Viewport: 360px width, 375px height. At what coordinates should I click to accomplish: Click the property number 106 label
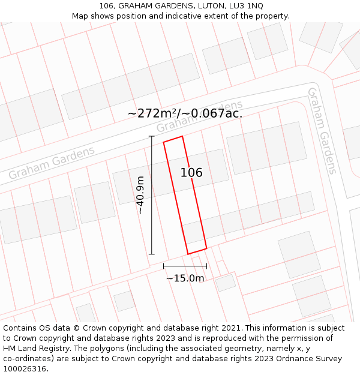pos(191,173)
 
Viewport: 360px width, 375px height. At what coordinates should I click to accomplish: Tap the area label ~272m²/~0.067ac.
pos(185,113)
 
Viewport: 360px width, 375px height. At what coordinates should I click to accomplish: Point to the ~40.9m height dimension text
pos(140,195)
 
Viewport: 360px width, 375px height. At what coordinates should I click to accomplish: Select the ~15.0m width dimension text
pos(185,278)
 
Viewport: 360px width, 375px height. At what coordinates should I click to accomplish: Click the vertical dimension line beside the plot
pos(152,195)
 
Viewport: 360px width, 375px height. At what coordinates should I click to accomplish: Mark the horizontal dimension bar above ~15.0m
pos(185,266)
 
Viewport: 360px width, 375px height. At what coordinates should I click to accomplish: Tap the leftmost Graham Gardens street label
pos(52,163)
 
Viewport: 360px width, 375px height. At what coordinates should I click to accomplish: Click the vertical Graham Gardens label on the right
pos(322,130)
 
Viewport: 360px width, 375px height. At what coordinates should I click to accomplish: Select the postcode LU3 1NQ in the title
pos(247,5)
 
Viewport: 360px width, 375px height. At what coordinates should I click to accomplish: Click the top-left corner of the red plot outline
pos(164,142)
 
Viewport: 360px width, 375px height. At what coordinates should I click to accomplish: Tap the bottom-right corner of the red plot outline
pos(206,248)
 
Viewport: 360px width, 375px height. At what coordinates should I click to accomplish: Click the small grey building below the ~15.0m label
pos(226,283)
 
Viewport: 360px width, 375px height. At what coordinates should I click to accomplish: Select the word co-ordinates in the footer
pos(28,358)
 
